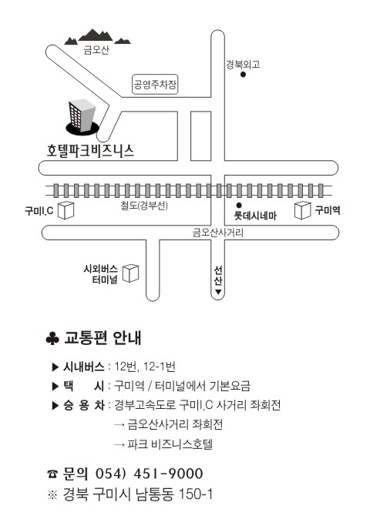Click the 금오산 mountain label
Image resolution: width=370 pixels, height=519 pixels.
click(x=96, y=50)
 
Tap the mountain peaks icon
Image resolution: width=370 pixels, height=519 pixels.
click(x=97, y=37)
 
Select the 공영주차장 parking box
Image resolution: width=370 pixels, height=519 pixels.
click(x=155, y=85)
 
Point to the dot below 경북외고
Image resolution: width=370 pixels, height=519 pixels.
click(x=243, y=75)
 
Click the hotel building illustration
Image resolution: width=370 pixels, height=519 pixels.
click(x=82, y=116)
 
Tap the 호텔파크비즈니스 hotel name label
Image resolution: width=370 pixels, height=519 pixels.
click(x=90, y=151)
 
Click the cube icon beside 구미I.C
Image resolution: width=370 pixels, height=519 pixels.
click(x=66, y=210)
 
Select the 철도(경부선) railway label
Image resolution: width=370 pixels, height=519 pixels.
click(x=144, y=206)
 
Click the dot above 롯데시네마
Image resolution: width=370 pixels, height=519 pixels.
click(x=239, y=206)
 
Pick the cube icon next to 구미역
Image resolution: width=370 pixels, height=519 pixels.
click(x=303, y=210)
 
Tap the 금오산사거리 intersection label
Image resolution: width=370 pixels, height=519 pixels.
click(x=218, y=233)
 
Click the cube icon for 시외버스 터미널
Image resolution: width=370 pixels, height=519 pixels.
click(x=130, y=273)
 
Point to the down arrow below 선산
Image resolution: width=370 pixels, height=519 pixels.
click(x=218, y=292)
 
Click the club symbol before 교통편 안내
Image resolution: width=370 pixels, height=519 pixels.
click(x=52, y=338)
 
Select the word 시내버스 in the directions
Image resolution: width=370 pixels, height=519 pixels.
click(x=83, y=367)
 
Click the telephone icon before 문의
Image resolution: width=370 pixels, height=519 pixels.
click(x=52, y=474)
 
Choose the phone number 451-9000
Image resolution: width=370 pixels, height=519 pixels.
click(x=168, y=474)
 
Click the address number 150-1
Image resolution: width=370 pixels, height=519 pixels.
click(x=196, y=494)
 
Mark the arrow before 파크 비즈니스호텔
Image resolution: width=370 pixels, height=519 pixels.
click(x=119, y=444)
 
